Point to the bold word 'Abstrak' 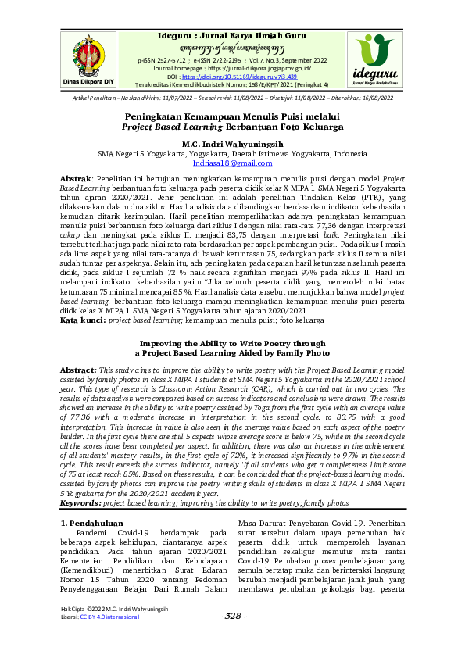(76, 179)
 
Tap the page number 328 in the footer (232, 638)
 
